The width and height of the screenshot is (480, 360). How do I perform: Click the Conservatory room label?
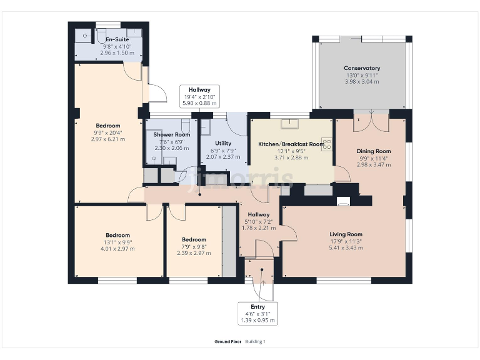[x=362, y=68]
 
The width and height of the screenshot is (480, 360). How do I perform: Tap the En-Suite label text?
[x=117, y=39]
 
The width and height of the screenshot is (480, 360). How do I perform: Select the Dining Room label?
[x=374, y=151]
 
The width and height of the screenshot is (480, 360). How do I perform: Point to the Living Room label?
[x=346, y=234]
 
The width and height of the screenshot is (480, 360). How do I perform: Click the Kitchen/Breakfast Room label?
[x=291, y=144]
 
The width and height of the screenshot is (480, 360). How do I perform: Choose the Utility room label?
[x=223, y=143]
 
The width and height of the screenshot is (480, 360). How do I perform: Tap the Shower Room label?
[x=172, y=134]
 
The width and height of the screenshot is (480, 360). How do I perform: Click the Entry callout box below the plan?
[x=257, y=314]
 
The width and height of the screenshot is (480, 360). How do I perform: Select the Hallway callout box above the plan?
[x=199, y=96]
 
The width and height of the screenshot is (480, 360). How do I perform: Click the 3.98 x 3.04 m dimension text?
[x=362, y=82]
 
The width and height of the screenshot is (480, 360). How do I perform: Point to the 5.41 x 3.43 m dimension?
[x=346, y=247]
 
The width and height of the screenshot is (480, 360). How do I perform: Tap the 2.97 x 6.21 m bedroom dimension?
[x=108, y=139]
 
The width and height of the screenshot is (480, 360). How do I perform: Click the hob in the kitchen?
[x=327, y=144]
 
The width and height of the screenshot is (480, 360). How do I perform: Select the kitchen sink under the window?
[x=289, y=124]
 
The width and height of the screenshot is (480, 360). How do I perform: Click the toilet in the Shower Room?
[x=186, y=126]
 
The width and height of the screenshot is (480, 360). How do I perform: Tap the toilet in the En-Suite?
[x=102, y=36]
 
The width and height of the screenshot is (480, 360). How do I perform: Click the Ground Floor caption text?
[x=227, y=342]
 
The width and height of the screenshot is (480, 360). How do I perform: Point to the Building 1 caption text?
[x=255, y=342]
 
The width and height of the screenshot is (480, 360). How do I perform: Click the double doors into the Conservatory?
[x=371, y=120]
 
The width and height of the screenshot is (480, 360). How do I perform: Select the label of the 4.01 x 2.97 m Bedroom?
[x=118, y=235]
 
